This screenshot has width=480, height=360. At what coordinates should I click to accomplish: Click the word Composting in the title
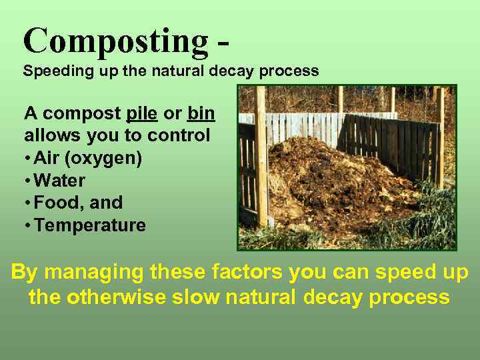pos(115,41)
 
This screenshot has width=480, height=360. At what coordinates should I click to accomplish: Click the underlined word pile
pos(141,113)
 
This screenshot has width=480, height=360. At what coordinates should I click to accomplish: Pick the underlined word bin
pos(201,113)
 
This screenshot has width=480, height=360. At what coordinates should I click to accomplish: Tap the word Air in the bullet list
pos(48,159)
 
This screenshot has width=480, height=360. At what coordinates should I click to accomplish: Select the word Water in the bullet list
pos(60,181)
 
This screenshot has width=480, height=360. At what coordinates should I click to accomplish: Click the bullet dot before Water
pos(27,181)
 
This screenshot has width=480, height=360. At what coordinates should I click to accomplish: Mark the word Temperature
pos(90,225)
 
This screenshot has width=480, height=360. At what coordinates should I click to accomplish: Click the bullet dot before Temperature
pos(27,226)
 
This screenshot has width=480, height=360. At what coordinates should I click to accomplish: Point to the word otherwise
pos(129,297)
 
